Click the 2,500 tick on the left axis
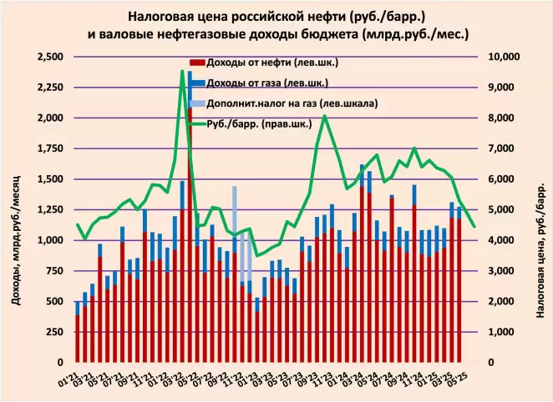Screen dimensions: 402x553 [51, 57]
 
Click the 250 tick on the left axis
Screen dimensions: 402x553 [57, 332]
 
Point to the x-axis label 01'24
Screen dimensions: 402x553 [332, 380]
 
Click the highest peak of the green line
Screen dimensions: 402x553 [182, 72]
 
